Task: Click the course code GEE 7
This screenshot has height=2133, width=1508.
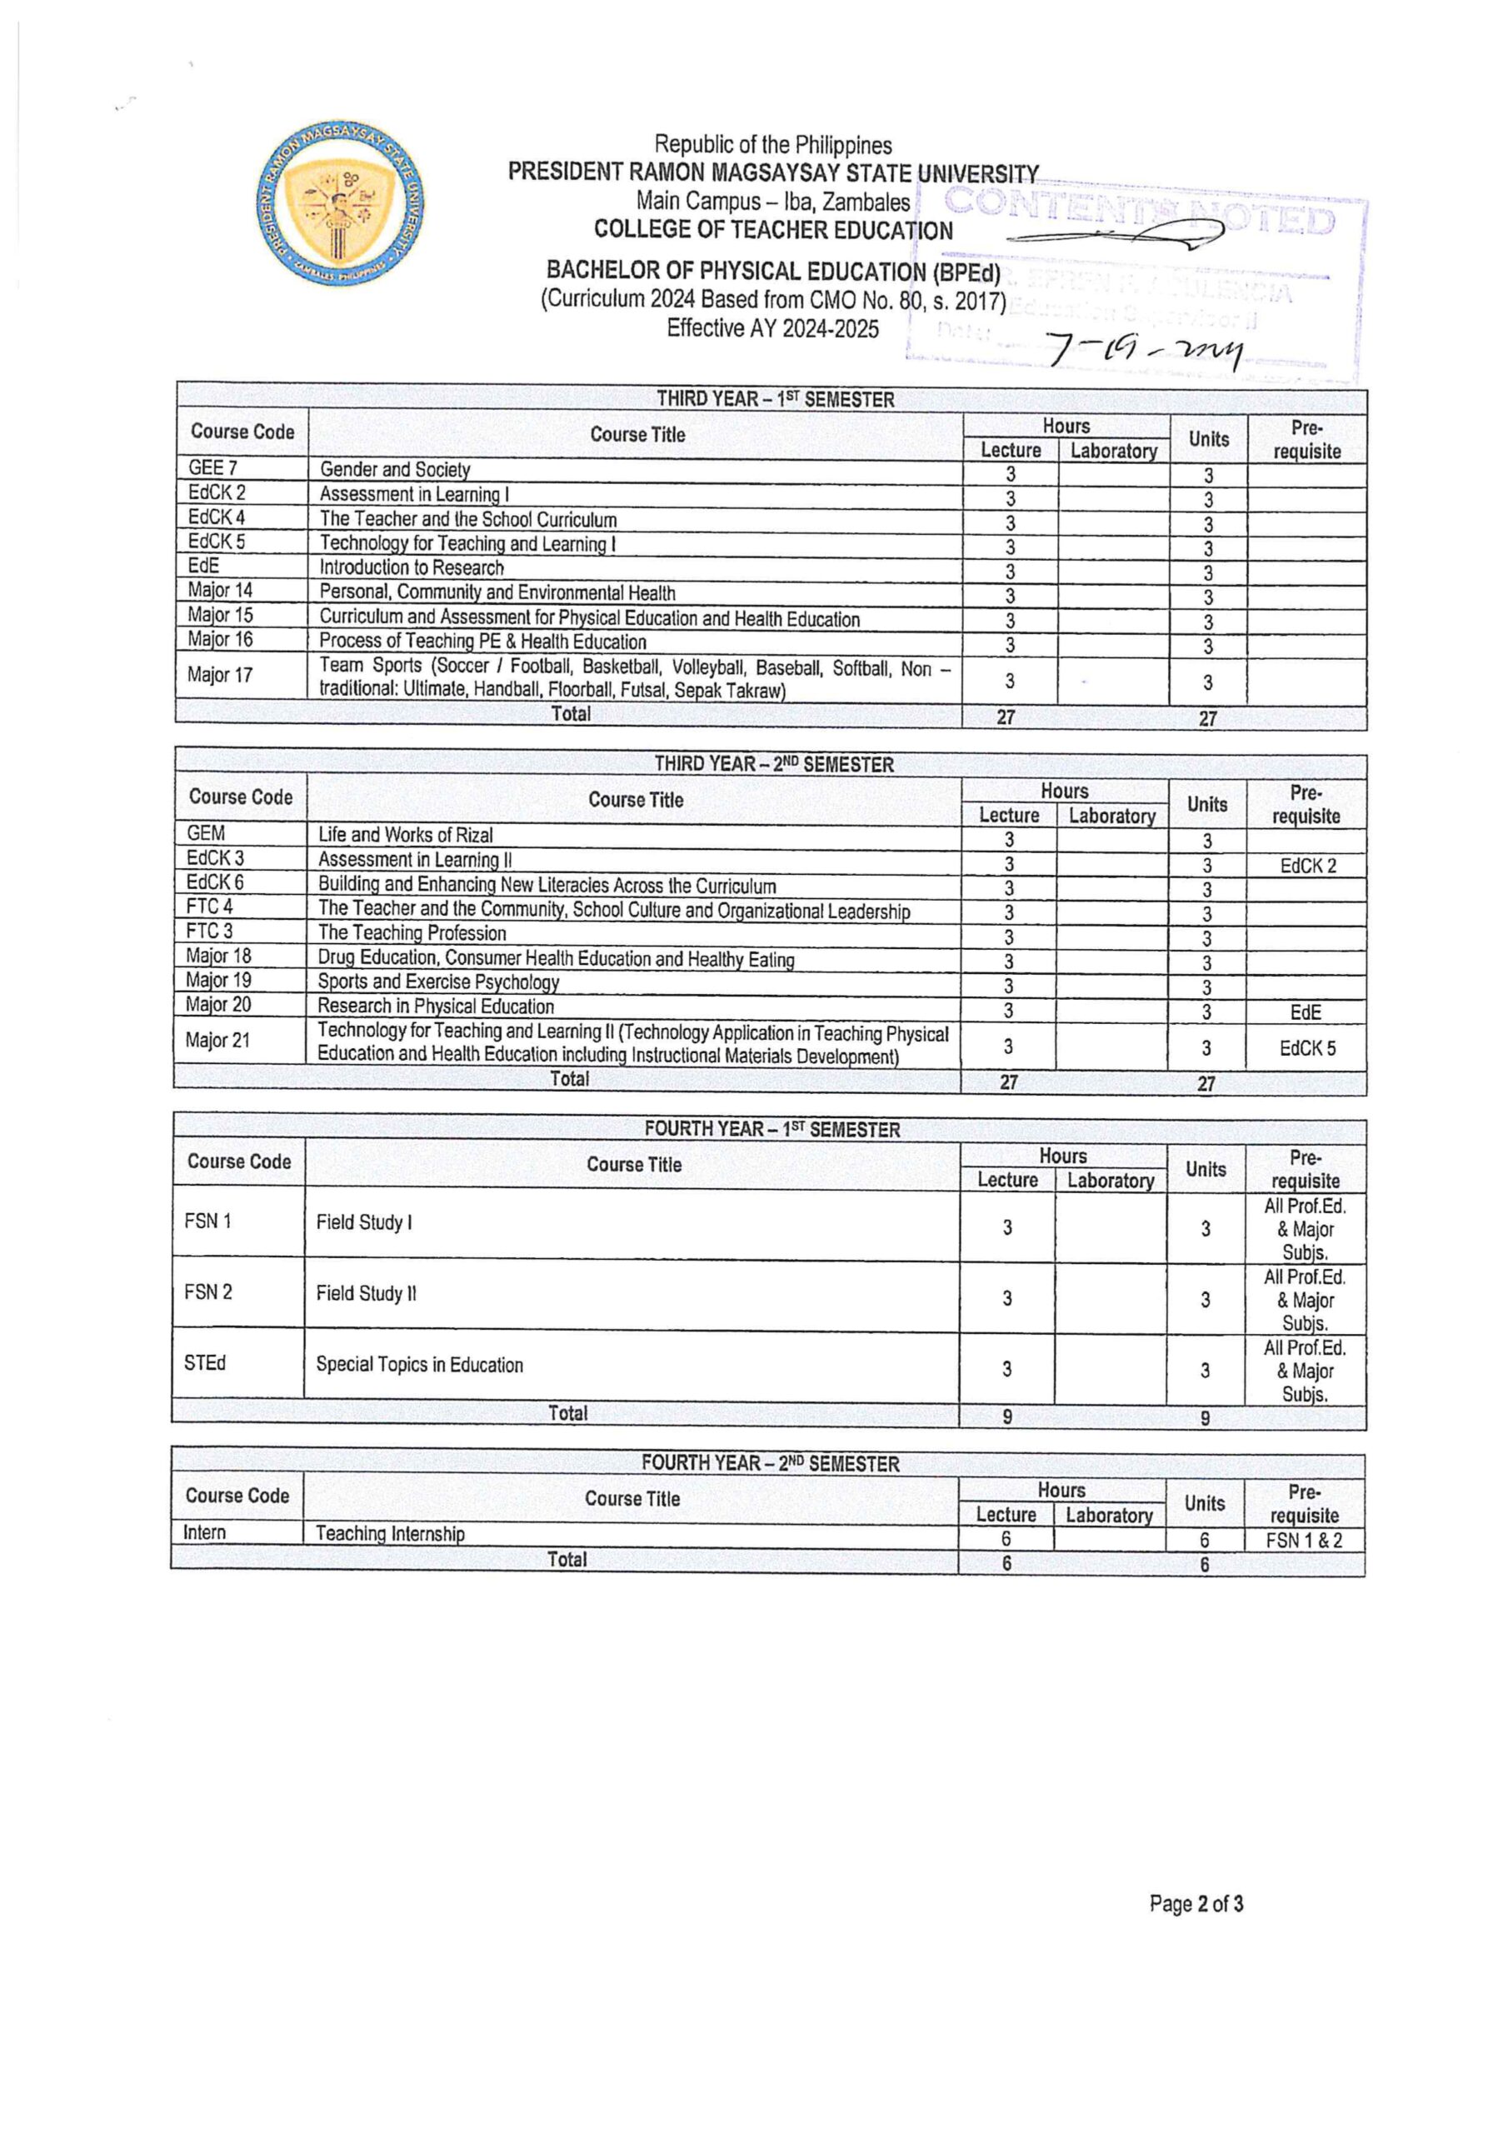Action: pyautogui.click(x=212, y=468)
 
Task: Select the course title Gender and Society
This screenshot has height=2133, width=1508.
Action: pyautogui.click(x=395, y=470)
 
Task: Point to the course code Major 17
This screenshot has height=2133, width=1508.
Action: pyautogui.click(x=219, y=676)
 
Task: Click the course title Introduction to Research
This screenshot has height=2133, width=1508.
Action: pyautogui.click(x=412, y=567)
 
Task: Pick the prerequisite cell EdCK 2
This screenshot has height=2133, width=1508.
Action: pyautogui.click(x=1307, y=866)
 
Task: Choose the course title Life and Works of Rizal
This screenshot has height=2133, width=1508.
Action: pyautogui.click(x=405, y=834)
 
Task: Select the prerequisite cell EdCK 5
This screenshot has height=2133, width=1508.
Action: pyautogui.click(x=1306, y=1048)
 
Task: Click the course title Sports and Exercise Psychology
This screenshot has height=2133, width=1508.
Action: pyautogui.click(x=438, y=982)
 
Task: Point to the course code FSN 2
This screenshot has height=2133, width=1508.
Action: pyautogui.click(x=208, y=1292)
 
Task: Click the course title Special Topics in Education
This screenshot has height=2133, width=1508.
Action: pyautogui.click(x=419, y=1365)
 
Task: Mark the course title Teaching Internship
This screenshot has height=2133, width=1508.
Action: pyautogui.click(x=390, y=1534)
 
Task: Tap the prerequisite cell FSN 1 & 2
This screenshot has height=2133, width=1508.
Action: pyautogui.click(x=1304, y=1541)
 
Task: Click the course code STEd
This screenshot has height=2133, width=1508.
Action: pyautogui.click(x=204, y=1363)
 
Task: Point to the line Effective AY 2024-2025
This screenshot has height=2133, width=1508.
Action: pyautogui.click(x=772, y=329)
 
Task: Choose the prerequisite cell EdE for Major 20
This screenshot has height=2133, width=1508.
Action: pyautogui.click(x=1306, y=1012)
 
